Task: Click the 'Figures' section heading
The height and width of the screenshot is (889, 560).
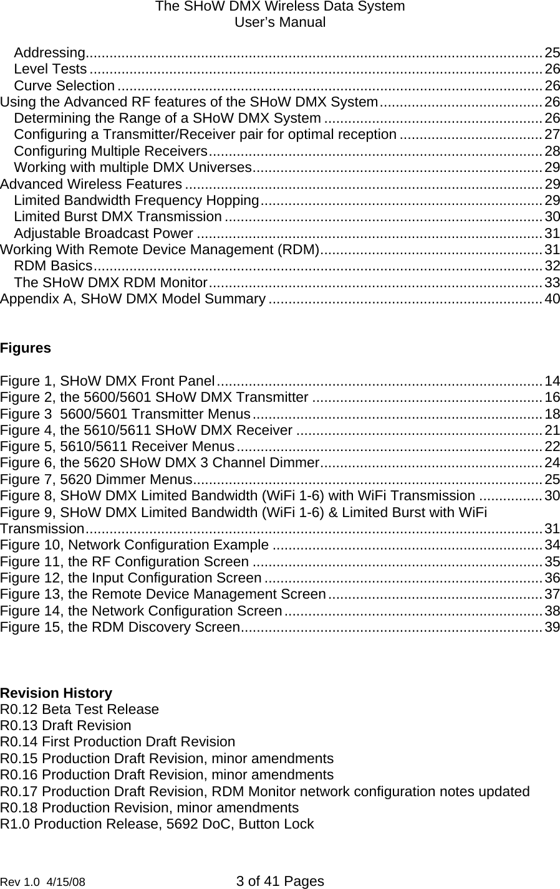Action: pyautogui.click(x=26, y=348)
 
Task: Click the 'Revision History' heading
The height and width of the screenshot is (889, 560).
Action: pyautogui.click(x=57, y=693)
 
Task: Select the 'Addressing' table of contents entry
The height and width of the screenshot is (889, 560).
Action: pyautogui.click(x=50, y=51)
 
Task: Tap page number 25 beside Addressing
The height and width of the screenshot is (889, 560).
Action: pyautogui.click(x=552, y=51)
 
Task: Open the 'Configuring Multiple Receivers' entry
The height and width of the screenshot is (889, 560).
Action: pyautogui.click(x=110, y=151)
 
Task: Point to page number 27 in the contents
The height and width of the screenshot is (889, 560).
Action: pyautogui.click(x=552, y=135)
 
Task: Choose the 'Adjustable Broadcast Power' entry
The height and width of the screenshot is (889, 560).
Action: pyautogui.click(x=103, y=234)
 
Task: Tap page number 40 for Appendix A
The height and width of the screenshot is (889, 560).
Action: pyautogui.click(x=552, y=300)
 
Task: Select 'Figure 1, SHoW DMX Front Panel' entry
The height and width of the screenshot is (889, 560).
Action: pyautogui.click(x=108, y=381)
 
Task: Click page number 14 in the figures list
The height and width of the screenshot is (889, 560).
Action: pyautogui.click(x=552, y=381)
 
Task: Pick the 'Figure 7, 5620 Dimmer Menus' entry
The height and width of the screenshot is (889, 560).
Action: pyautogui.click(x=96, y=479)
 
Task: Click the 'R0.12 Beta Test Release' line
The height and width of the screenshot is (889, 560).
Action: pyautogui.click(x=80, y=709)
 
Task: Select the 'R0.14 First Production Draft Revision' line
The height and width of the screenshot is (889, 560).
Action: pyautogui.click(x=118, y=742)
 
